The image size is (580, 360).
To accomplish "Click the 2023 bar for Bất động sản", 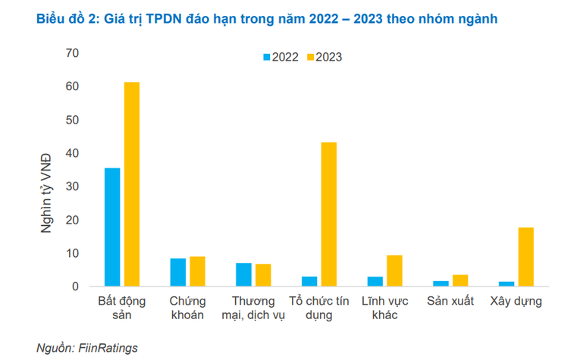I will [132, 184].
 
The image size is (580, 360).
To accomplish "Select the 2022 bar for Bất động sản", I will [112, 227].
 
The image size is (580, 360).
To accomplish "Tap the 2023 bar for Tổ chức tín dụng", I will [328, 214].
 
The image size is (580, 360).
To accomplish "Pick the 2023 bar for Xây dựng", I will [525, 257].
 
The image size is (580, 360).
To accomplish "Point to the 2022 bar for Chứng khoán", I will [177, 273].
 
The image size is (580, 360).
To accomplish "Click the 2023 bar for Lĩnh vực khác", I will [394, 271].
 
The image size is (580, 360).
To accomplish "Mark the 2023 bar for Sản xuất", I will [459, 280].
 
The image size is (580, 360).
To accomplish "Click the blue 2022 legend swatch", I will [267, 57].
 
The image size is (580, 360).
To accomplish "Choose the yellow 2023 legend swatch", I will [309, 57].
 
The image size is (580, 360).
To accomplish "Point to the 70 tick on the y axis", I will [72, 53].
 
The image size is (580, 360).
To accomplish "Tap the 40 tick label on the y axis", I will [72, 153].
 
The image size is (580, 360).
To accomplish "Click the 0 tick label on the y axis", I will [76, 286].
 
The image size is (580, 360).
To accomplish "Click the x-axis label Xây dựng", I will [516, 301].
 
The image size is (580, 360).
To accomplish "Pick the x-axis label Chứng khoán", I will [187, 308].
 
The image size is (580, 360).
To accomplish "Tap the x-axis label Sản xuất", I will [450, 301].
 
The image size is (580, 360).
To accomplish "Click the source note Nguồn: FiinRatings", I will [87, 348].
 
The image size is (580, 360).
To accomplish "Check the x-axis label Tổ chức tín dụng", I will [318, 308].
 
